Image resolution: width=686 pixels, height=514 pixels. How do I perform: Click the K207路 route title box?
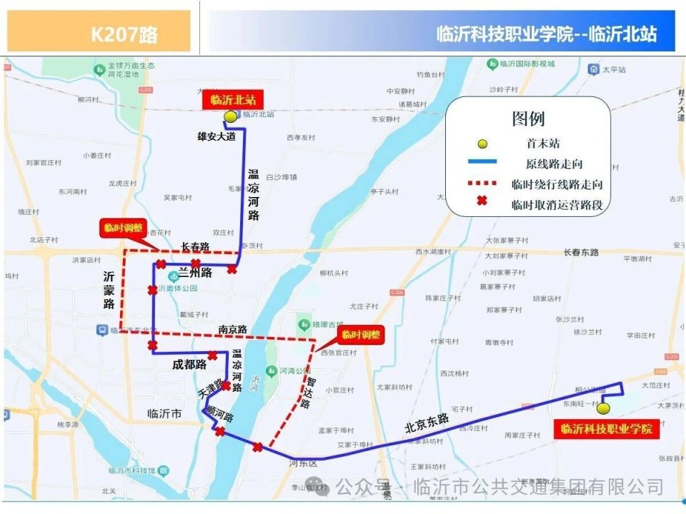pos(99,32)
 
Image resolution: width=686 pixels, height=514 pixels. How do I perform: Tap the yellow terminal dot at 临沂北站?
pos(229,117)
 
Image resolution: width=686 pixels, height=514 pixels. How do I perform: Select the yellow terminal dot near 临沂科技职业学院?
pos(603,409)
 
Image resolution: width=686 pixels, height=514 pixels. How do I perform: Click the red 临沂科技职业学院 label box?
pos(606,429)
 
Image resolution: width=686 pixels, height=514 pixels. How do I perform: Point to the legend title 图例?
pos(528,119)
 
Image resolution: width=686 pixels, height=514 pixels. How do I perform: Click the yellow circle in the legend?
pos(482,144)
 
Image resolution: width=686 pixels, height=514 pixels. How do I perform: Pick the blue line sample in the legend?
pos(482,164)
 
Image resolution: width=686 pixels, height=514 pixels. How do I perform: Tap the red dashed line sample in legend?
pos(482,184)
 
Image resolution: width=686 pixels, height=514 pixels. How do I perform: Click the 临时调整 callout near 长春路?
pos(124,228)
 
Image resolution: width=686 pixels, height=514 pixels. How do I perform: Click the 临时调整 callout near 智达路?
pos(361,334)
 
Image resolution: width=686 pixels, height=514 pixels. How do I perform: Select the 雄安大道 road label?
pos(217,136)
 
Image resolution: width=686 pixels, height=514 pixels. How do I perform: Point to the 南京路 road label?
pos(233,329)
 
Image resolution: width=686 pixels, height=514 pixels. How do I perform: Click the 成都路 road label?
pos(189,364)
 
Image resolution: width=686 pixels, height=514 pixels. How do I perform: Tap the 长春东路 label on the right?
pos(580,252)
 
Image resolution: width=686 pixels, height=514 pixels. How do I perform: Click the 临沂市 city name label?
pos(164,413)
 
